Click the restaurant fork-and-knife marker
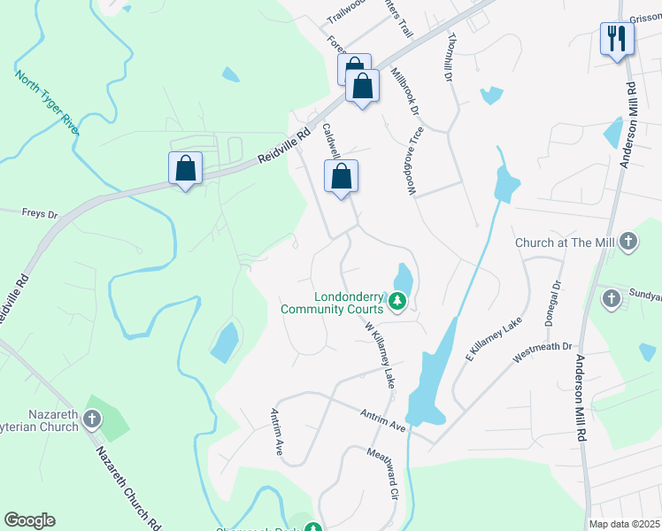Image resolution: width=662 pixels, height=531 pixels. pyautogui.click(x=617, y=38)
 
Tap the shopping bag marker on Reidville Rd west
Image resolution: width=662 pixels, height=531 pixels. pyautogui.click(x=186, y=167)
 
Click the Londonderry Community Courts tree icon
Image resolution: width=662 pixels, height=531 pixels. pyautogui.click(x=398, y=303)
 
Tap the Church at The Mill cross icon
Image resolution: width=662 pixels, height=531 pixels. pyautogui.click(x=627, y=242)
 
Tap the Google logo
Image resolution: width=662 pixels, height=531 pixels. pyautogui.click(x=29, y=520)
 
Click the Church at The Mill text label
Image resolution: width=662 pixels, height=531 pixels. pyautogui.click(x=564, y=242)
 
